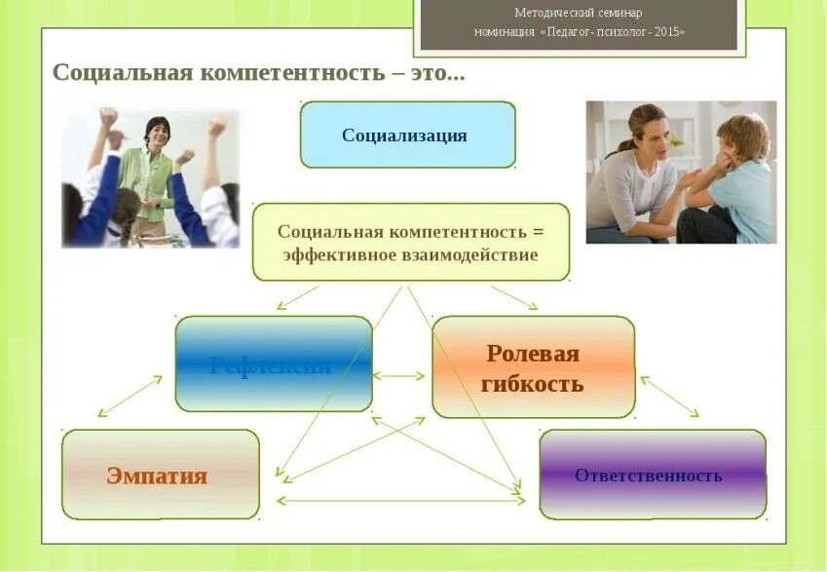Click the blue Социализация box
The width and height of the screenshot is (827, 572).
(x=407, y=134)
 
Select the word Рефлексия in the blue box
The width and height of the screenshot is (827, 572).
(x=270, y=365)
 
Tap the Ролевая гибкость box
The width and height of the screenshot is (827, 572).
(x=533, y=367)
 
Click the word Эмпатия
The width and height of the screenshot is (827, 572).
(x=157, y=477)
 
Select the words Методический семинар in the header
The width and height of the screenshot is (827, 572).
(x=579, y=13)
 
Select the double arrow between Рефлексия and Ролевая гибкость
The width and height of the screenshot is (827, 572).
(x=399, y=375)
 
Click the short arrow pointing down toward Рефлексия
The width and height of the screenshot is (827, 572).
(x=297, y=297)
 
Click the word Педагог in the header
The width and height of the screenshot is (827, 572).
(x=576, y=31)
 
